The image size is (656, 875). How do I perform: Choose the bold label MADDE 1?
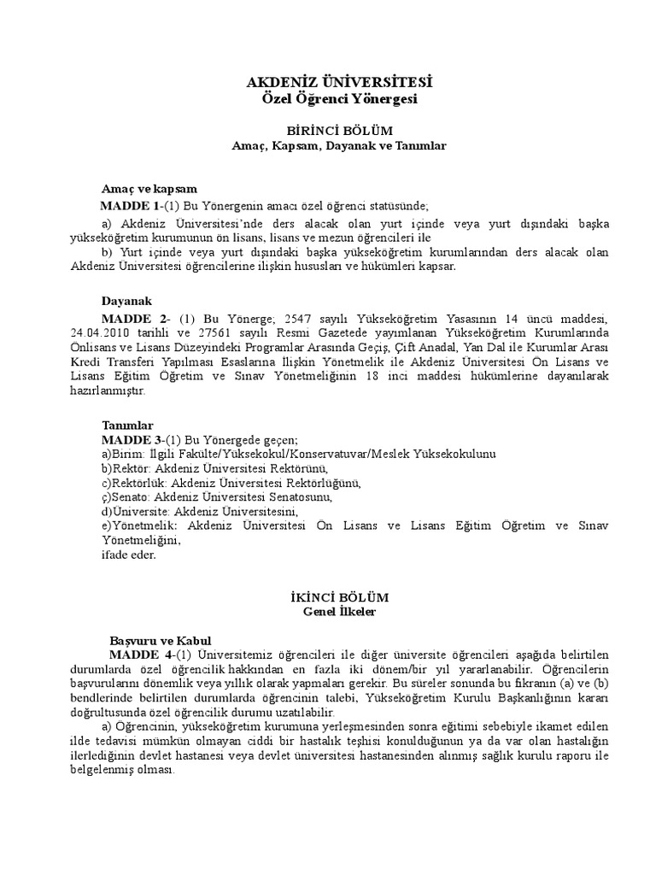point(129,206)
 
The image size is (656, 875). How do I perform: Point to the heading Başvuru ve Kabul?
point(161,640)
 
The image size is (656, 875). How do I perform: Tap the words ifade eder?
point(129,555)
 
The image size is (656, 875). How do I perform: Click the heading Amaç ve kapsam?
point(149,189)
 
